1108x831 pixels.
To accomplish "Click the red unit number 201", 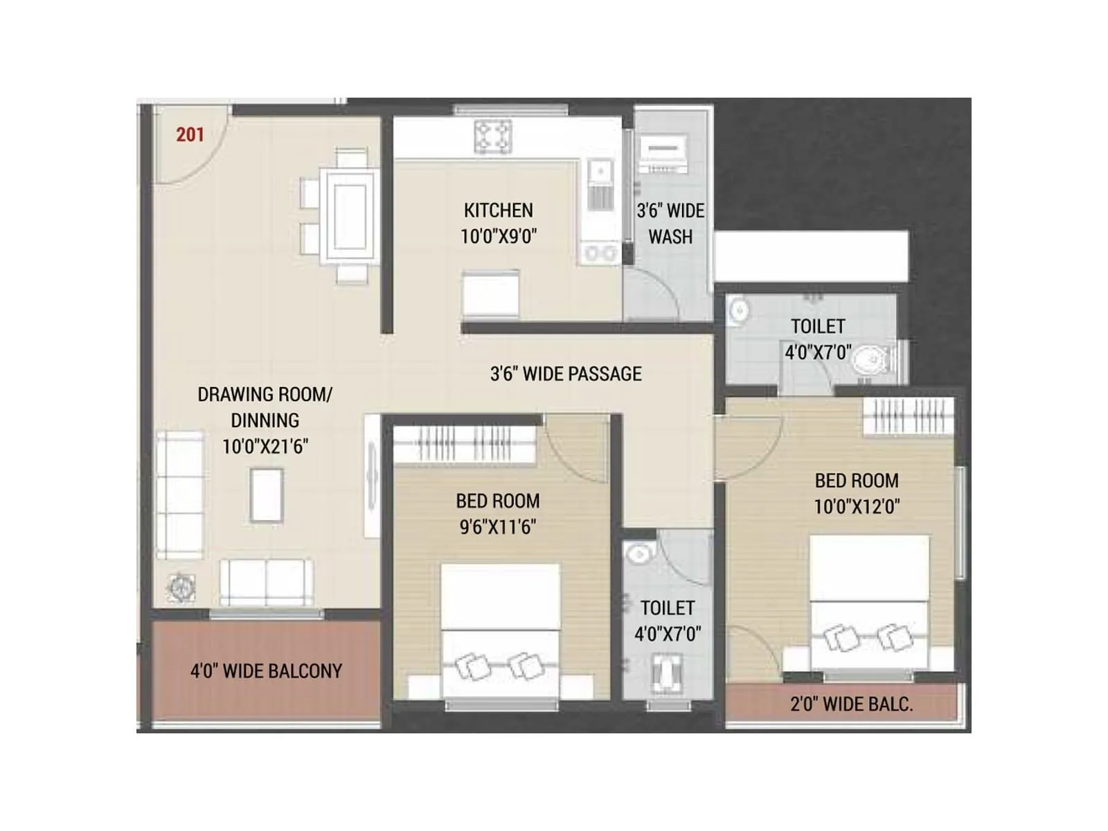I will [x=190, y=134].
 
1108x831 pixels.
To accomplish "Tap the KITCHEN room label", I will [x=498, y=211].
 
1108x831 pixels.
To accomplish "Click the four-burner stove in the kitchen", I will [x=493, y=136].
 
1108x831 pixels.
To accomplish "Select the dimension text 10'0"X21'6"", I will [x=265, y=447].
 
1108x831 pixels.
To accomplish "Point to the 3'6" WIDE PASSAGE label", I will [x=566, y=374].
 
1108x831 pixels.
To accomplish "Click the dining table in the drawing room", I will [x=352, y=215].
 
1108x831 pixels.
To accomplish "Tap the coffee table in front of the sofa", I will [x=266, y=495].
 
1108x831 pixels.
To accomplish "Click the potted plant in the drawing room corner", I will [x=181, y=588].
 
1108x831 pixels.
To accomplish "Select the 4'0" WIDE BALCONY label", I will [x=266, y=671].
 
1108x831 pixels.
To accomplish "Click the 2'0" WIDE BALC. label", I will [x=851, y=704].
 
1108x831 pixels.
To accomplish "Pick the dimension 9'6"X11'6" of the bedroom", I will [x=497, y=527].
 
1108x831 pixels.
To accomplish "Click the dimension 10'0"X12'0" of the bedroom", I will [x=857, y=506].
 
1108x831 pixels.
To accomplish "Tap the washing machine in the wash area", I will [x=663, y=154].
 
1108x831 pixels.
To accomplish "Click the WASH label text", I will [x=670, y=237].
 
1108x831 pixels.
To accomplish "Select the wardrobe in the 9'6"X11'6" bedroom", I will [x=464, y=443].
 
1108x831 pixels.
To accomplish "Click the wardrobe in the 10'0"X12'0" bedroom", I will [x=908, y=417].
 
